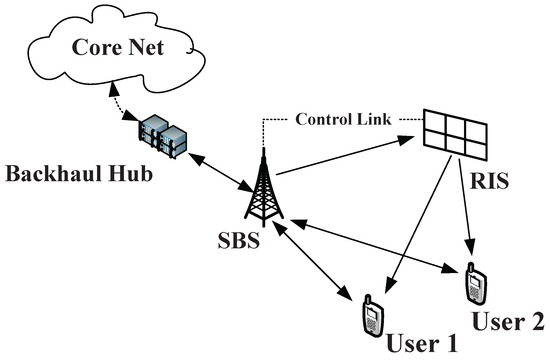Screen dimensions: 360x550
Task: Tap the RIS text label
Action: click(490, 183)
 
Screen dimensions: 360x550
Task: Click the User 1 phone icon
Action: click(372, 319)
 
